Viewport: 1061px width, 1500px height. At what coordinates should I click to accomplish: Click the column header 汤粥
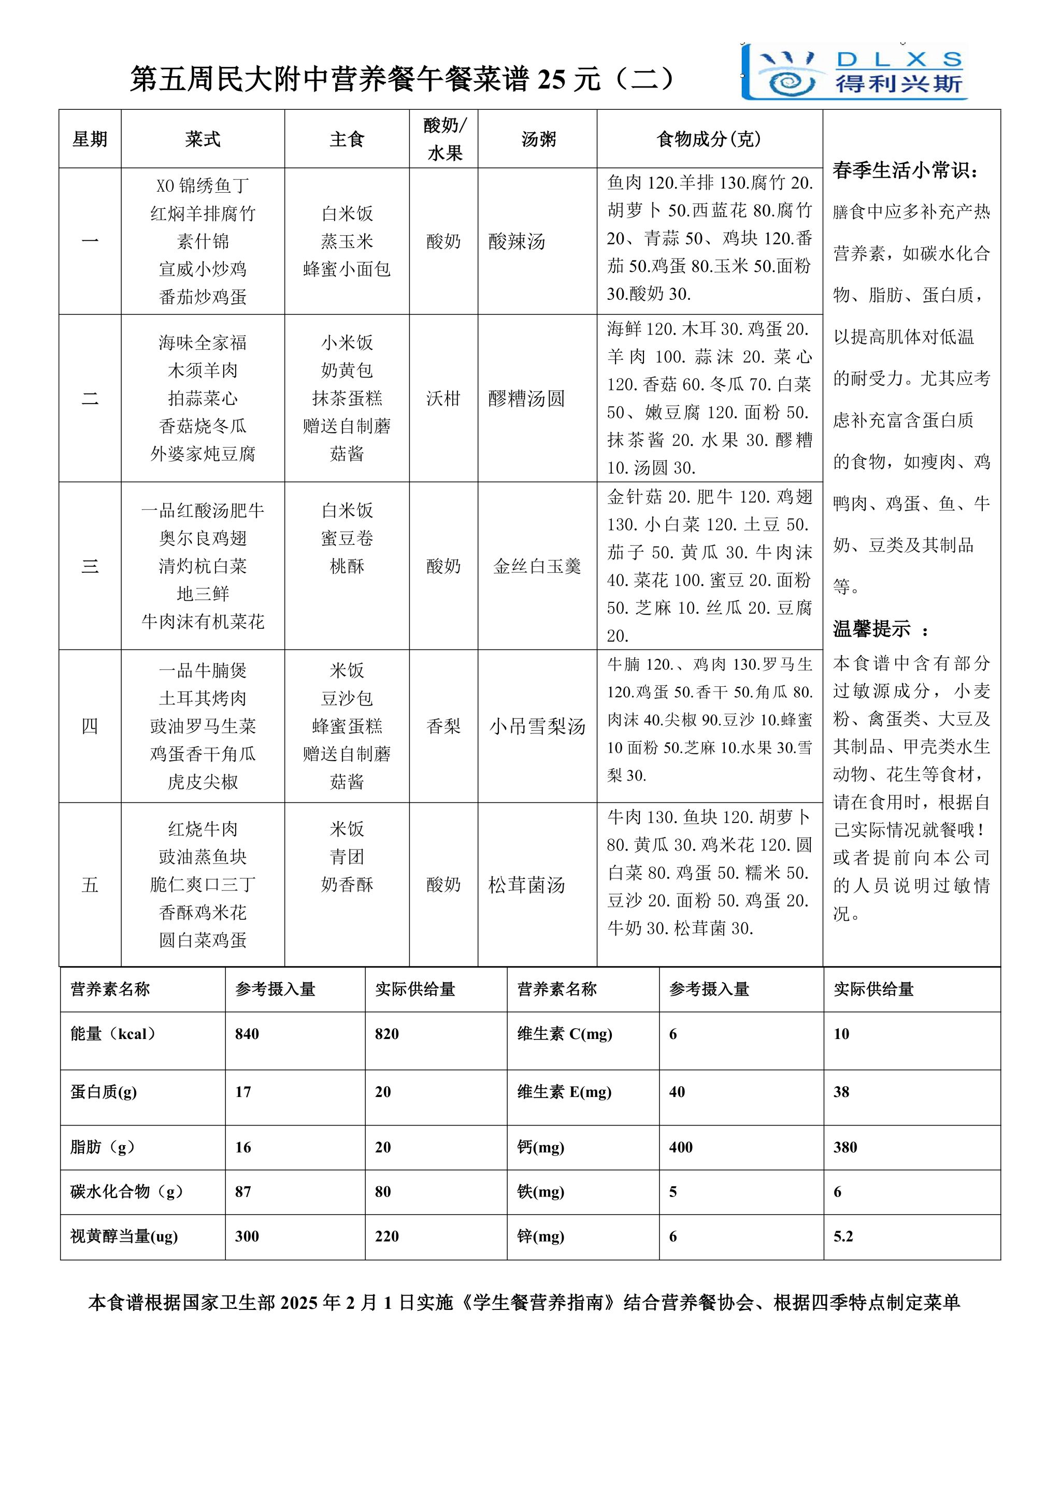pyautogui.click(x=538, y=139)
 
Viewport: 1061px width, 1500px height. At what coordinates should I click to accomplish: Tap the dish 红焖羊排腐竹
pyautogui.click(x=203, y=213)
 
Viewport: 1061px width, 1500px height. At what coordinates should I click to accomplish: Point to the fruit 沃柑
pyautogui.click(x=443, y=398)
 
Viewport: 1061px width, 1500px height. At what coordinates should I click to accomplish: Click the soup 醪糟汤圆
pyautogui.click(x=526, y=398)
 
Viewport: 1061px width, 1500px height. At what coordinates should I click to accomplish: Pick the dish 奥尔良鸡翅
pyautogui.click(x=203, y=538)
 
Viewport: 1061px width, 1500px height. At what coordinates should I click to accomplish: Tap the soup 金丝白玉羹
pyautogui.click(x=537, y=567)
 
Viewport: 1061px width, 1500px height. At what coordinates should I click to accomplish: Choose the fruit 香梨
pyautogui.click(x=443, y=727)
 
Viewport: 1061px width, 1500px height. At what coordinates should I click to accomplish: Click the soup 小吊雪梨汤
pyautogui.click(x=537, y=727)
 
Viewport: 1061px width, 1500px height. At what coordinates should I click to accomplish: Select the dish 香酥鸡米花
pyautogui.click(x=203, y=913)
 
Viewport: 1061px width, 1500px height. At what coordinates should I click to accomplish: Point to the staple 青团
pyautogui.click(x=347, y=857)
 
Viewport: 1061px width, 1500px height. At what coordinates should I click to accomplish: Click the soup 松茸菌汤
pyautogui.click(x=526, y=885)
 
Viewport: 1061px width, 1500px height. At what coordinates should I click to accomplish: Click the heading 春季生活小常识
pyautogui.click(x=906, y=171)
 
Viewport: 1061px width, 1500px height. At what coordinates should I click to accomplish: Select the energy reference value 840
pyautogui.click(x=247, y=1034)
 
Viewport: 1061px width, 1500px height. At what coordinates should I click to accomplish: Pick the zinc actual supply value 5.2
pyautogui.click(x=843, y=1237)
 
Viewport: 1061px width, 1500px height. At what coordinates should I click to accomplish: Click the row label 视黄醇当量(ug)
pyautogui.click(x=124, y=1237)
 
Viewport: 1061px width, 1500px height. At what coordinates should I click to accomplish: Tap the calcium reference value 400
pyautogui.click(x=681, y=1148)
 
